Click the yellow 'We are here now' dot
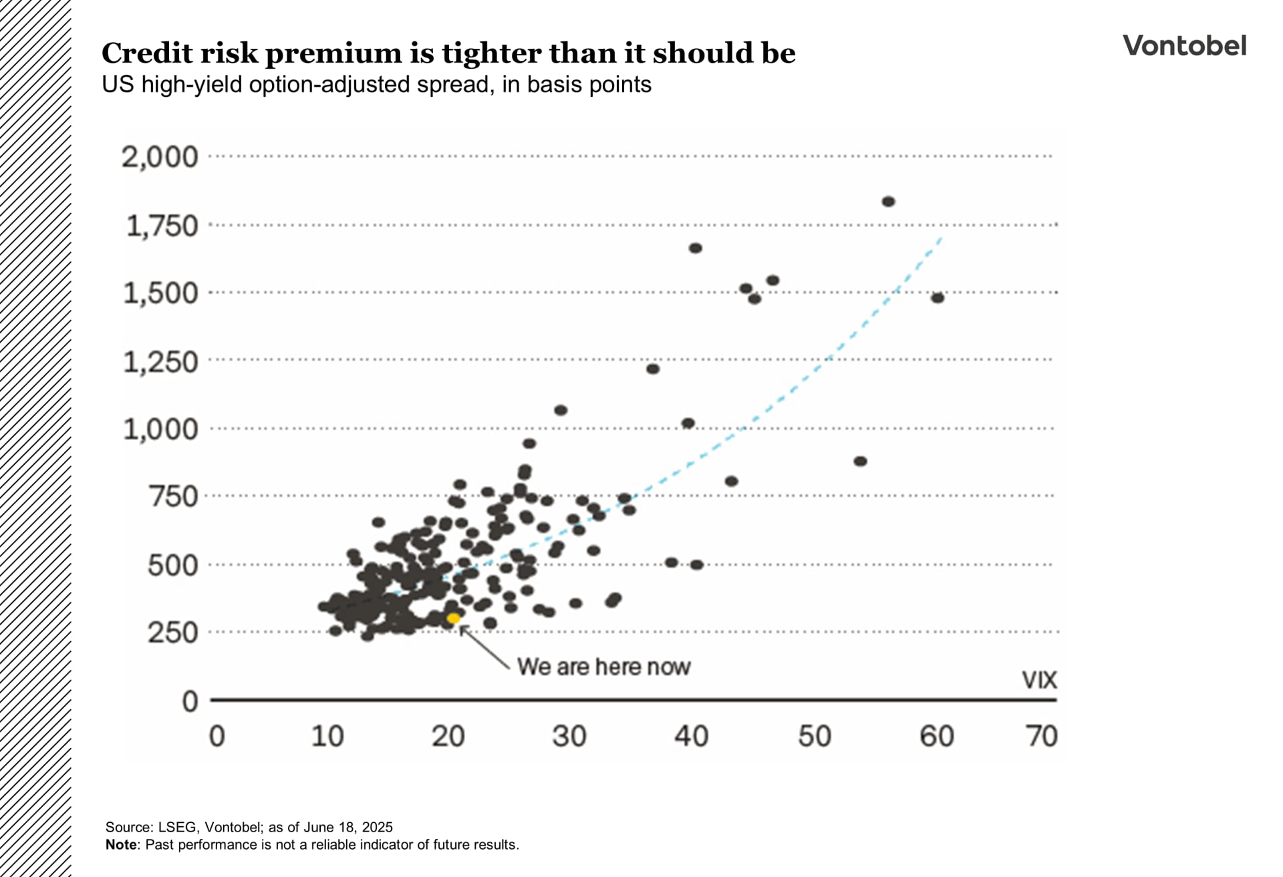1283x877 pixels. click(x=453, y=619)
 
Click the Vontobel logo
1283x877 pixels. click(x=1184, y=45)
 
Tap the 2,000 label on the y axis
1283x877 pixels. click(x=160, y=157)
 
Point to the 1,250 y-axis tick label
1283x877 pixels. click(x=160, y=362)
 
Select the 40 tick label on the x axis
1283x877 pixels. click(x=691, y=736)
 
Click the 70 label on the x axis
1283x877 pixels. click(x=1042, y=736)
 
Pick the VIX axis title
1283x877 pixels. click(x=1039, y=680)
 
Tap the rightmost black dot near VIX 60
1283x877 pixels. click(x=938, y=298)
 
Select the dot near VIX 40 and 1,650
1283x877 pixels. click(x=695, y=248)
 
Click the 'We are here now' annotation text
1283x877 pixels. click(x=603, y=667)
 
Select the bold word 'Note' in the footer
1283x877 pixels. click(x=121, y=844)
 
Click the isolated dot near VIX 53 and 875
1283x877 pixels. click(x=861, y=461)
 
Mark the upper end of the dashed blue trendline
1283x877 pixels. click(x=940, y=238)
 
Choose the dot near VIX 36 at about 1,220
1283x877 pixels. click(x=653, y=369)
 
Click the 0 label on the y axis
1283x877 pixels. click(x=190, y=701)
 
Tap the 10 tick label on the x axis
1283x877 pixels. click(x=327, y=736)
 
